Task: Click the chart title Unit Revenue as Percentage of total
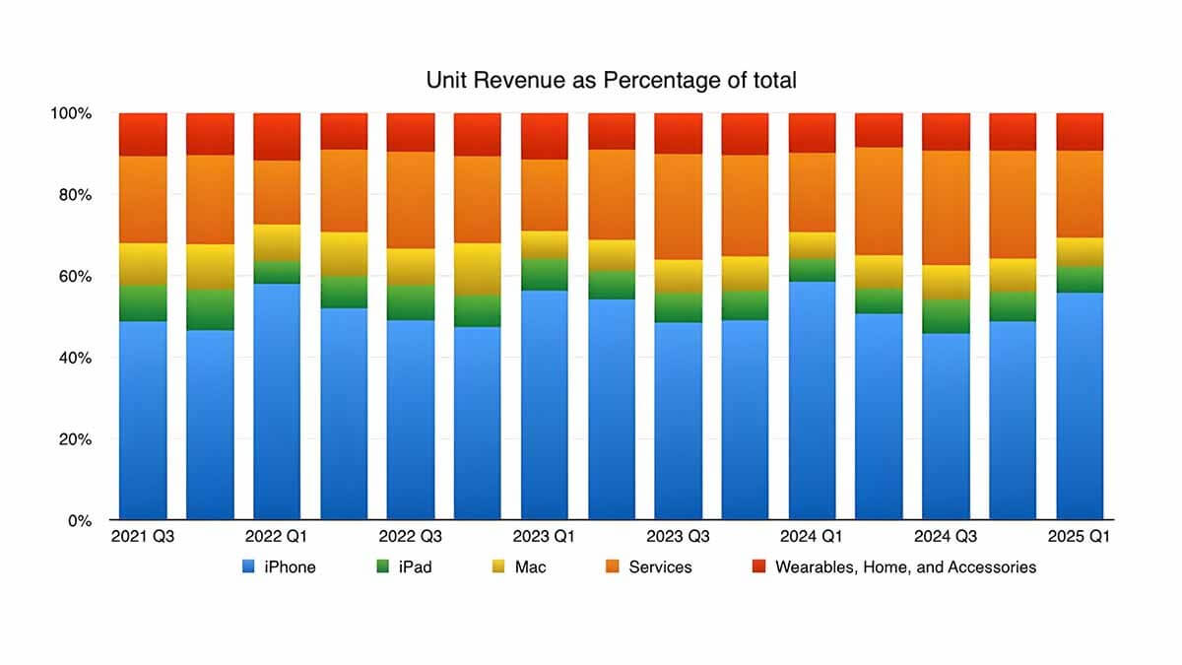coord(611,81)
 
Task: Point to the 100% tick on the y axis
coord(71,113)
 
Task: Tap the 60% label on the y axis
coord(74,276)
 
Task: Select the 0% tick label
coord(79,520)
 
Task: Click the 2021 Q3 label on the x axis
coord(143,538)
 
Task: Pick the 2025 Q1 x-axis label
coord(1080,538)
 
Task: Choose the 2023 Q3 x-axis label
coord(678,538)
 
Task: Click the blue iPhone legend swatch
coord(247,567)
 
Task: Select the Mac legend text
coord(530,567)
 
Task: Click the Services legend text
coord(660,567)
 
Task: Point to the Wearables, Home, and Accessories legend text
coord(905,567)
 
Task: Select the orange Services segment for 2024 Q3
coord(946,208)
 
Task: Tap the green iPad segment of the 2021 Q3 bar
coord(143,303)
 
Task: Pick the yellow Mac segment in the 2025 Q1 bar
coord(1080,252)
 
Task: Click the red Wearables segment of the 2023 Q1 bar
coord(545,136)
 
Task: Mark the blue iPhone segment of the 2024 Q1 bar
coord(812,400)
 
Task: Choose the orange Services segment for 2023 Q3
coord(678,207)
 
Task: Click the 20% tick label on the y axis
coord(74,438)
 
